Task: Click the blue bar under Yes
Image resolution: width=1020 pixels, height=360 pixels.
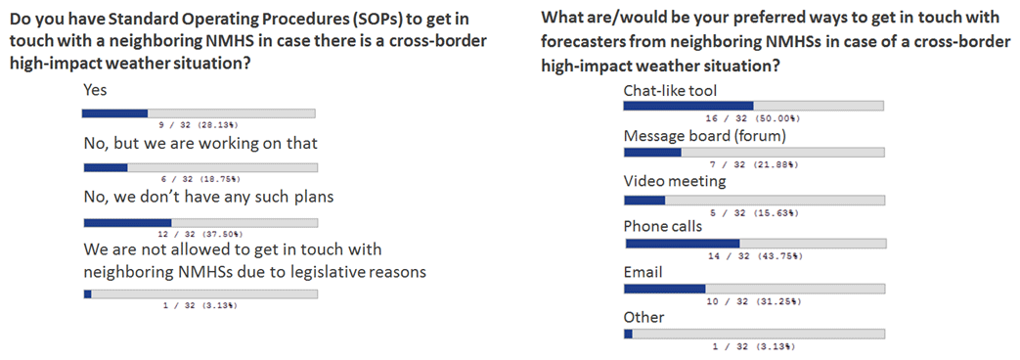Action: click(x=114, y=113)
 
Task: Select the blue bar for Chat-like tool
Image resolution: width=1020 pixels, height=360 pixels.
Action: click(x=688, y=106)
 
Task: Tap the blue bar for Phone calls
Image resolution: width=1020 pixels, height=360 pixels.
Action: click(x=683, y=244)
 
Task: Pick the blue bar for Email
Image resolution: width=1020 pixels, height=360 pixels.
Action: click(x=664, y=289)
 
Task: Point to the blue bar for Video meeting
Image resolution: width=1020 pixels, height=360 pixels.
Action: click(x=644, y=200)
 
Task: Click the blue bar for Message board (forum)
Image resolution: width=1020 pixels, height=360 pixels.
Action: click(x=652, y=153)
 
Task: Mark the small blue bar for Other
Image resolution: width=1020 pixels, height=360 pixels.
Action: click(x=628, y=334)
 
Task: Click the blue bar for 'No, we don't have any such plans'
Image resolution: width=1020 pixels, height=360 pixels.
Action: click(x=127, y=223)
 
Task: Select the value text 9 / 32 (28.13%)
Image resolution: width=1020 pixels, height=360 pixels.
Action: click(x=199, y=124)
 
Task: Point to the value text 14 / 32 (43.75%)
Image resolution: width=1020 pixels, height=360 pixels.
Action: click(x=755, y=256)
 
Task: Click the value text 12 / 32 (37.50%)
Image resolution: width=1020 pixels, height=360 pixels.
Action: click(x=200, y=234)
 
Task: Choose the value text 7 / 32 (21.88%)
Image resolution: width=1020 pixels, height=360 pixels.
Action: click(x=753, y=164)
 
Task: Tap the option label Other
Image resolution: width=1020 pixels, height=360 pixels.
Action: click(x=644, y=318)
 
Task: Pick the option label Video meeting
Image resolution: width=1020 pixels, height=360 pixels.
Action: click(x=675, y=182)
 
